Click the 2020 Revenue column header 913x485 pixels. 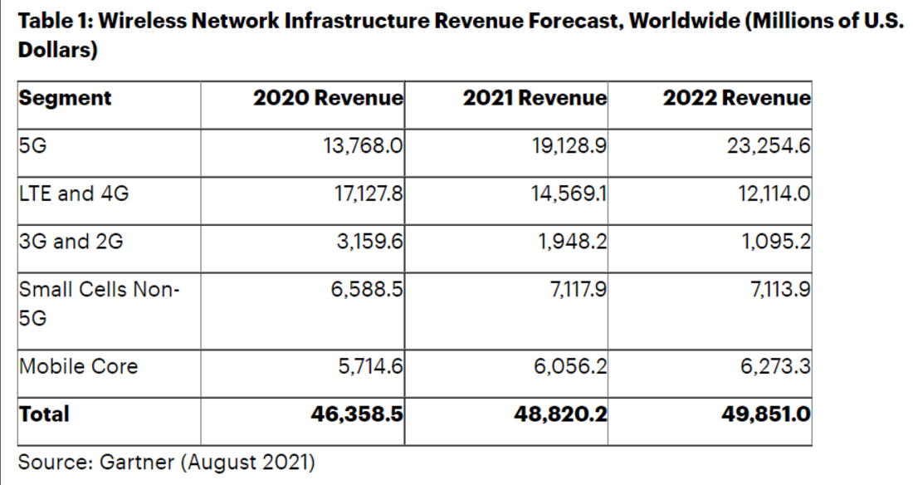[x=329, y=98]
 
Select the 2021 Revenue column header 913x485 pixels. [x=535, y=98]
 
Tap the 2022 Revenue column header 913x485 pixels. [x=736, y=98]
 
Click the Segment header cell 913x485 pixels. [x=65, y=98]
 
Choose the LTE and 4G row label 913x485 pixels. [x=74, y=195]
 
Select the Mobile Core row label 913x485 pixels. [x=79, y=366]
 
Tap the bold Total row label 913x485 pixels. [x=45, y=414]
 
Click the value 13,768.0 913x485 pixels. [x=363, y=147]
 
